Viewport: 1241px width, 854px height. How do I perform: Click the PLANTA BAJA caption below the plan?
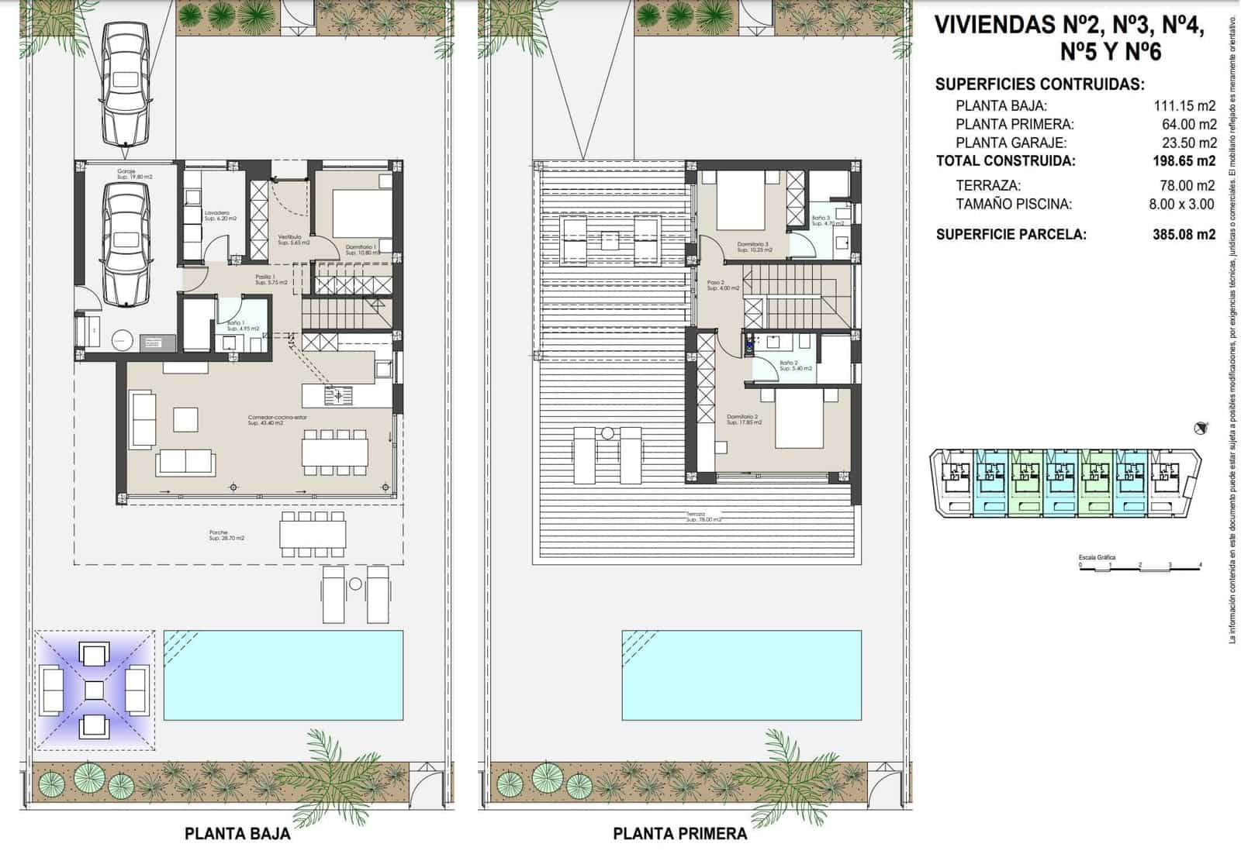(237, 834)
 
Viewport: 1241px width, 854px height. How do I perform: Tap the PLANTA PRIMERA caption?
(680, 834)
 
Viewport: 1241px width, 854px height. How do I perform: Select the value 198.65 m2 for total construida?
(1184, 161)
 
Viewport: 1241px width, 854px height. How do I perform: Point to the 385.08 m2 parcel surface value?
(1184, 234)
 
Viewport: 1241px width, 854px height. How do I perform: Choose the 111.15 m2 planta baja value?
(1184, 106)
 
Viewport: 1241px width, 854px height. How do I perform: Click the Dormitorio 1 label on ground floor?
(361, 247)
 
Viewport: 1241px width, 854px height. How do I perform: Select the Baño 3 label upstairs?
(821, 219)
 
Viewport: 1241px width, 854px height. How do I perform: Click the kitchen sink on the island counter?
(339, 396)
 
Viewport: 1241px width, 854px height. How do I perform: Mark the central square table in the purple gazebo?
(94, 690)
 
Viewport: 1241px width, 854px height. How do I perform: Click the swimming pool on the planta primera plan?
(741, 674)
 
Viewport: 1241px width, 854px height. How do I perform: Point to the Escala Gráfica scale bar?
(1139, 568)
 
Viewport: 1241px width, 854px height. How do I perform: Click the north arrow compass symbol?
(1201, 428)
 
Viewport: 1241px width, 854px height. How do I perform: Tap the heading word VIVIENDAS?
(995, 25)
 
